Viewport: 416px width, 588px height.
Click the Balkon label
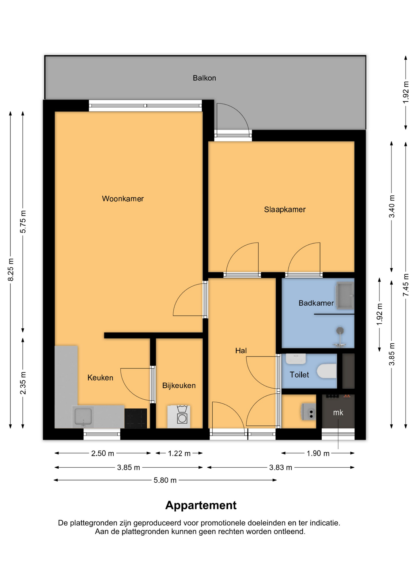click(204, 78)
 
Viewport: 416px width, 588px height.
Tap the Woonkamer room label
click(123, 199)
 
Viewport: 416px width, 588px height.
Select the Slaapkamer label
click(285, 209)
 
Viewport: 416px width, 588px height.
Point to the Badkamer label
click(316, 303)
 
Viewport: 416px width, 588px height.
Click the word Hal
click(241, 351)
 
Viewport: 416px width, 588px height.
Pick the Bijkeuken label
click(179, 386)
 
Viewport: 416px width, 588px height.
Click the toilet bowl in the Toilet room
click(327, 371)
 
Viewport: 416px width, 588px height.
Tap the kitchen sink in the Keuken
click(83, 417)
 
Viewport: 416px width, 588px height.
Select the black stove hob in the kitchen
click(136, 418)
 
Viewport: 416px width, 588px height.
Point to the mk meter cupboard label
click(338, 413)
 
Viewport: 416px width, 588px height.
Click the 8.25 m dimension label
click(11, 269)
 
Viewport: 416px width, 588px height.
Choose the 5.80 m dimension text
click(165, 480)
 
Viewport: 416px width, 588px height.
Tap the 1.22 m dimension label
click(179, 453)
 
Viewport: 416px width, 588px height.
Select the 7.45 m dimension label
click(406, 285)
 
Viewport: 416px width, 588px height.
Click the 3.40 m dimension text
click(392, 206)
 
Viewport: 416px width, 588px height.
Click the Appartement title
click(201, 505)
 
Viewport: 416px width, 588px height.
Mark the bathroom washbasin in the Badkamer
click(345, 296)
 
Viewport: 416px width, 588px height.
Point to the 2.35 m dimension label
click(23, 383)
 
